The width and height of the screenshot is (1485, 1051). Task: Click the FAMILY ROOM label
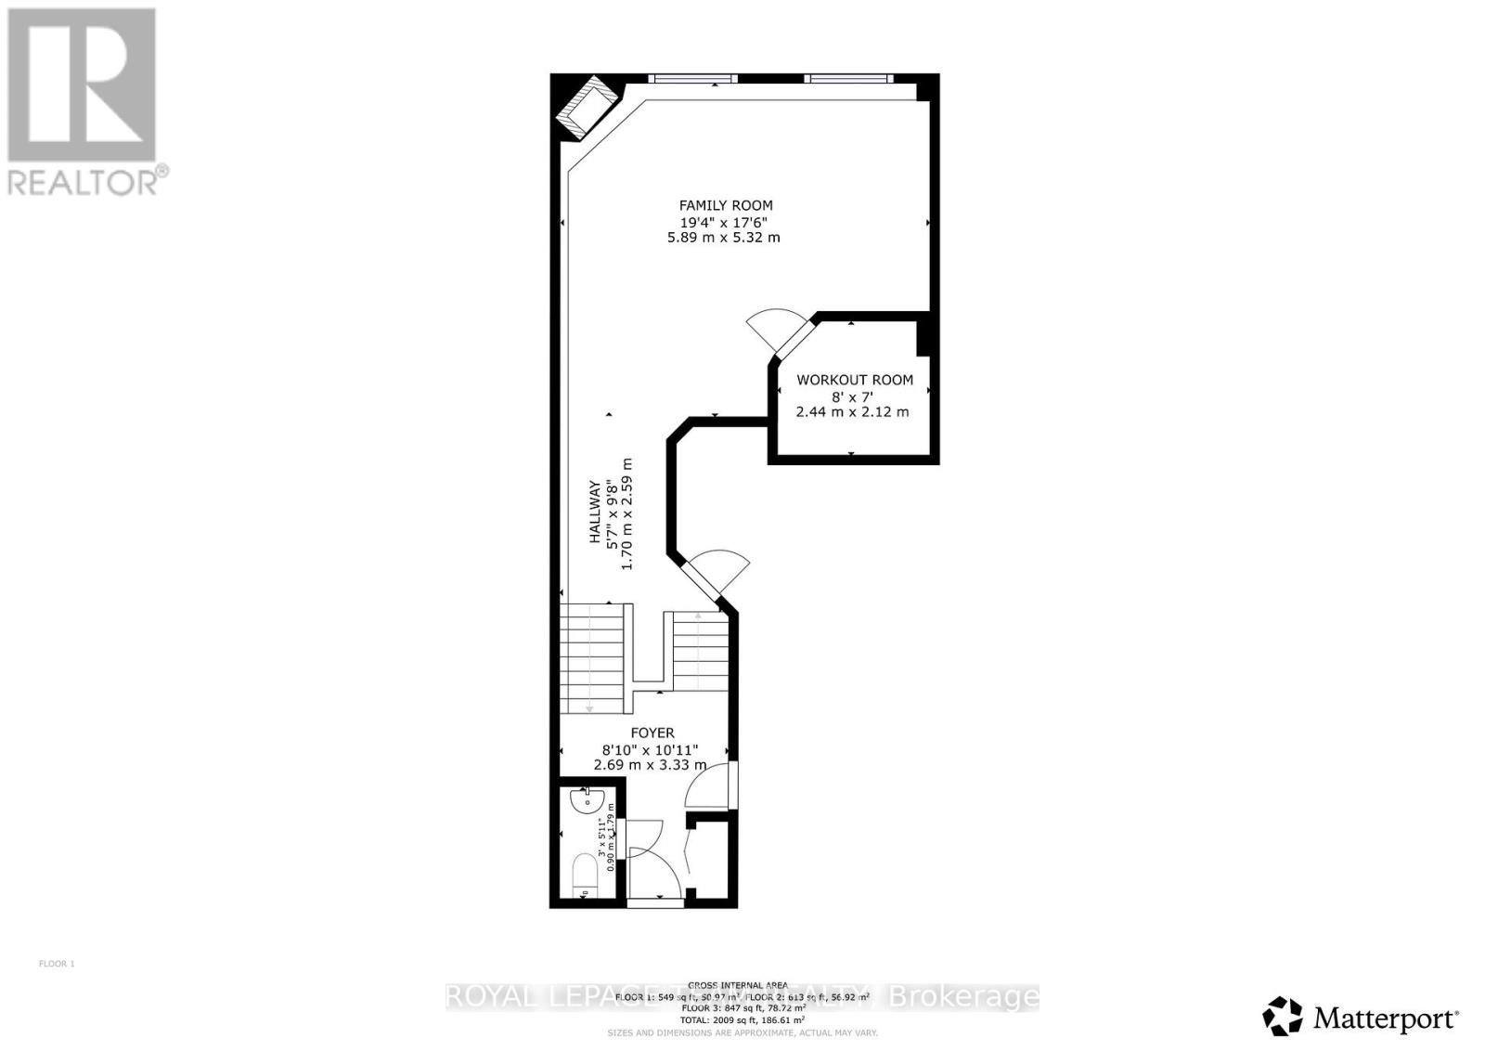tap(725, 205)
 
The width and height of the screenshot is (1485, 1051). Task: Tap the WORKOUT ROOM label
tap(854, 380)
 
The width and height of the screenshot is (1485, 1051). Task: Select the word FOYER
tap(652, 733)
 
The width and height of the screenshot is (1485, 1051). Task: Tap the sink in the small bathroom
tap(588, 801)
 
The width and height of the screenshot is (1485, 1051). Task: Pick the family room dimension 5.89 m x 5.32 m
tap(723, 238)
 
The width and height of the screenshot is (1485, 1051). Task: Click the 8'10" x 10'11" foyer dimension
tap(650, 749)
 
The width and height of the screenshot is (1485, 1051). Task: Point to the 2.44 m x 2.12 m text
tap(852, 411)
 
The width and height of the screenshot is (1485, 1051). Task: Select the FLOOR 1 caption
tap(56, 964)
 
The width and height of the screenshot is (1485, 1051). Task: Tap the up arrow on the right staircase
tap(698, 615)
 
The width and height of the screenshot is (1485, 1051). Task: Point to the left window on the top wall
tap(692, 78)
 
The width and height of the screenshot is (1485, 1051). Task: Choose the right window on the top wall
tap(848, 78)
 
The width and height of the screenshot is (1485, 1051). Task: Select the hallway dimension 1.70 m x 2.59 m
tap(627, 513)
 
